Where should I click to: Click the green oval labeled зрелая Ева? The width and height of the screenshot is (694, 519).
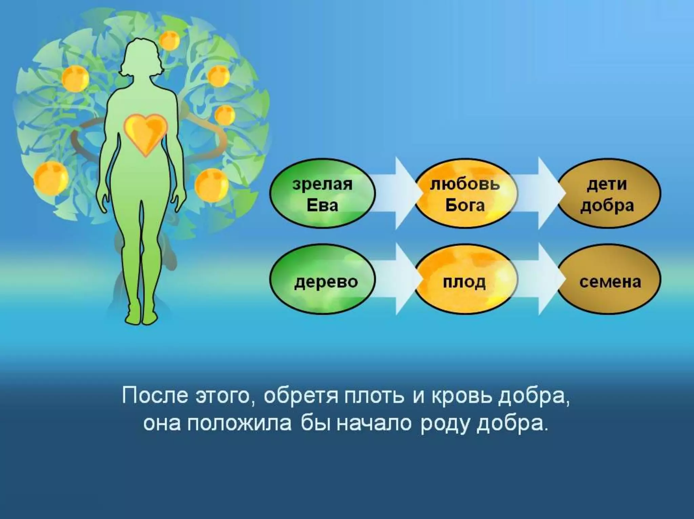(322, 195)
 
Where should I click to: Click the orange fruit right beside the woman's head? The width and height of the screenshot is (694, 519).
(169, 41)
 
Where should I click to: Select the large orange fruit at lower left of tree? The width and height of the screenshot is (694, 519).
(51, 178)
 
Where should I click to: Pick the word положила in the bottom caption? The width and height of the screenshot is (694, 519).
(239, 424)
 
